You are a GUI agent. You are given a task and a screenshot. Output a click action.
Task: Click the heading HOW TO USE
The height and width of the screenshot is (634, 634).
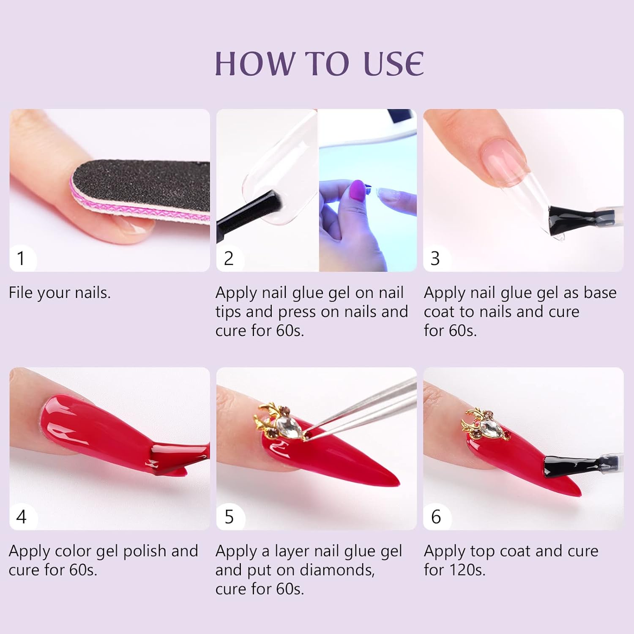(319, 63)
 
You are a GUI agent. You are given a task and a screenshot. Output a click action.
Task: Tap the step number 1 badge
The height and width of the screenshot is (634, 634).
(21, 258)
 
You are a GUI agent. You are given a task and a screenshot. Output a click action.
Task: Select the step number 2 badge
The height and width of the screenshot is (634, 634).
(229, 258)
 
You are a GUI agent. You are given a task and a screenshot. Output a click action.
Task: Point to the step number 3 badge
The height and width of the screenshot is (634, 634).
(435, 258)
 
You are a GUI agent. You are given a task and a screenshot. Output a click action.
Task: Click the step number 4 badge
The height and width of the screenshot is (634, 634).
(21, 516)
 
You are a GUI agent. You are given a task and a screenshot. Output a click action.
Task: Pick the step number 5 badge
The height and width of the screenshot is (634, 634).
(229, 516)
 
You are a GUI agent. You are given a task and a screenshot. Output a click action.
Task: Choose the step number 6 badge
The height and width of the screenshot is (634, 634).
(436, 516)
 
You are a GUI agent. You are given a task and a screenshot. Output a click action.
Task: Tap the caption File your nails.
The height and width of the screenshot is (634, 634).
(60, 292)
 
